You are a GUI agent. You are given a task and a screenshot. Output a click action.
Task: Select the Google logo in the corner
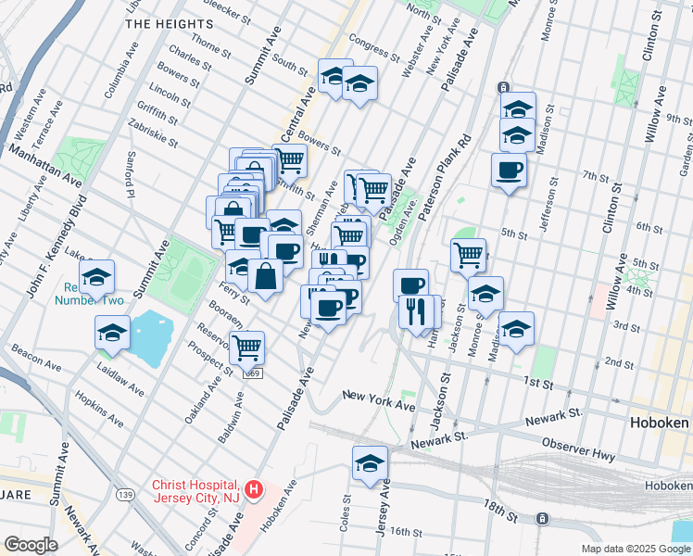[x=31, y=545]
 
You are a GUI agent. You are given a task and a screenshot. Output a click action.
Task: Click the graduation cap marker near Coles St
[x=370, y=462]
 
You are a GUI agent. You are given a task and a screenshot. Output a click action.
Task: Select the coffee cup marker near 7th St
[x=508, y=170]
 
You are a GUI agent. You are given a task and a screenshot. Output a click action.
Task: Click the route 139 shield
[x=123, y=496]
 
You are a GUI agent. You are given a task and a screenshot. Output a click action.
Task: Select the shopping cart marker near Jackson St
[x=469, y=254]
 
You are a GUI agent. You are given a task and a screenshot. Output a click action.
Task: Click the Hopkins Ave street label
[x=100, y=408]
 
